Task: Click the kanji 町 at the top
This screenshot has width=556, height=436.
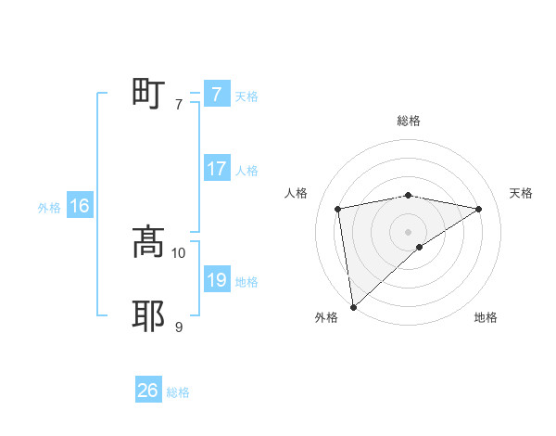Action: point(148,94)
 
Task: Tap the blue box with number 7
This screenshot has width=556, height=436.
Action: point(216,94)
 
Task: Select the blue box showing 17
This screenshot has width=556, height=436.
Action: point(216,169)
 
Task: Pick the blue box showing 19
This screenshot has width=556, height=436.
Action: point(216,280)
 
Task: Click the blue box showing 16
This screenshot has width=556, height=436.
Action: point(79,206)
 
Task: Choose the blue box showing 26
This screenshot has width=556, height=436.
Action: point(147,391)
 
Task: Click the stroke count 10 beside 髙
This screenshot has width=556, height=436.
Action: point(179,252)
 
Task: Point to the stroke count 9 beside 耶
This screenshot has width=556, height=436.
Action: point(179,327)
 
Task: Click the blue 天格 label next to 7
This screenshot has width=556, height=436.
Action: point(246,96)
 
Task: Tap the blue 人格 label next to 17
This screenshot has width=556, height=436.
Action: point(246,171)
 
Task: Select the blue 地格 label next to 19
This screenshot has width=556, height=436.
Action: point(246,282)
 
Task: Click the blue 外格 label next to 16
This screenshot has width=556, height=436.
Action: point(49,208)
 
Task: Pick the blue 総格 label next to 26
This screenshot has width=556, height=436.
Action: point(178,392)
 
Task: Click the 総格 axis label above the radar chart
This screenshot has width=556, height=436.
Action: point(409,121)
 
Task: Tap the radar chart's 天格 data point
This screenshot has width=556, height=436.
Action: point(479,210)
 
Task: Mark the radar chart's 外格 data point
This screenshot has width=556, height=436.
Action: point(353,306)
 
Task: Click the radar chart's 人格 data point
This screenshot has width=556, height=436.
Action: point(338,208)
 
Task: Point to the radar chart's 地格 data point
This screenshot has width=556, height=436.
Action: point(420,247)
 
